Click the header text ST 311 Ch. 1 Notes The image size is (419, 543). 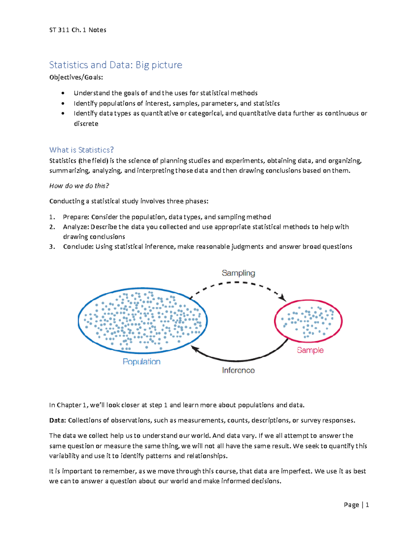(x=78, y=30)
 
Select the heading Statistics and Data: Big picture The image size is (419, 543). (x=116, y=65)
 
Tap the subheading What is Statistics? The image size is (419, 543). (x=81, y=150)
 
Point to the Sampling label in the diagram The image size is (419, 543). (x=238, y=273)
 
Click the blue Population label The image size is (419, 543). (x=141, y=362)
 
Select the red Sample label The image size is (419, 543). (x=310, y=350)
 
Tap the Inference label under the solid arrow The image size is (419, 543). (x=238, y=370)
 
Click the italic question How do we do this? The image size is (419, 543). (x=79, y=186)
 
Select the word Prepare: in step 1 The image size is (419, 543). (x=76, y=217)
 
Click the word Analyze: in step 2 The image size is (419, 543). (x=76, y=227)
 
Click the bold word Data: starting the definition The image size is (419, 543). (x=57, y=421)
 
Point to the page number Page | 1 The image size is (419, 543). (x=356, y=505)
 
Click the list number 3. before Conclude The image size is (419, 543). (x=52, y=247)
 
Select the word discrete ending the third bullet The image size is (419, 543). (x=86, y=124)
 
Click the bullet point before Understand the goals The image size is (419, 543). (x=63, y=93)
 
